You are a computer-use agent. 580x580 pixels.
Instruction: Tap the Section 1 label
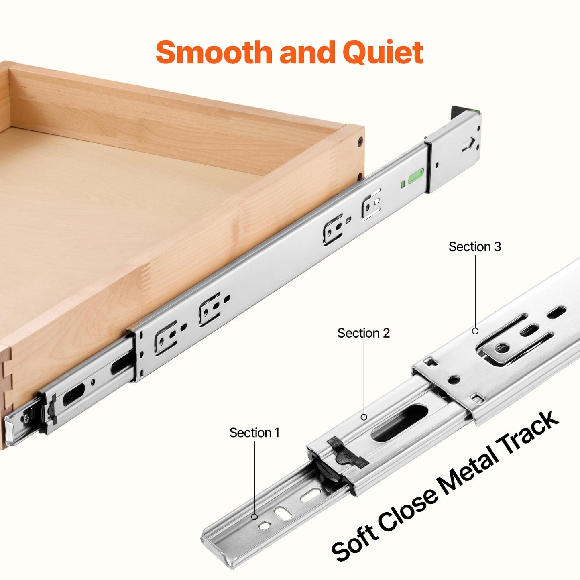254,433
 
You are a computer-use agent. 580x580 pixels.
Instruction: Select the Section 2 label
363,333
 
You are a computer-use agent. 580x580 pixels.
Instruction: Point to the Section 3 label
474,247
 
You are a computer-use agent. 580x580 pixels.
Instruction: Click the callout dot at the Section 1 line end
254,517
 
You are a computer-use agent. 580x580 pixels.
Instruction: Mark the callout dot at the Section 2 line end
364,417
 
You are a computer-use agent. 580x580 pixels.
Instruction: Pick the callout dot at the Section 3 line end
475,331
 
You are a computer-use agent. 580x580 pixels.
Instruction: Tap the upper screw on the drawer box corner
360,141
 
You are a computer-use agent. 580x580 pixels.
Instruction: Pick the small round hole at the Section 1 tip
265,525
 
